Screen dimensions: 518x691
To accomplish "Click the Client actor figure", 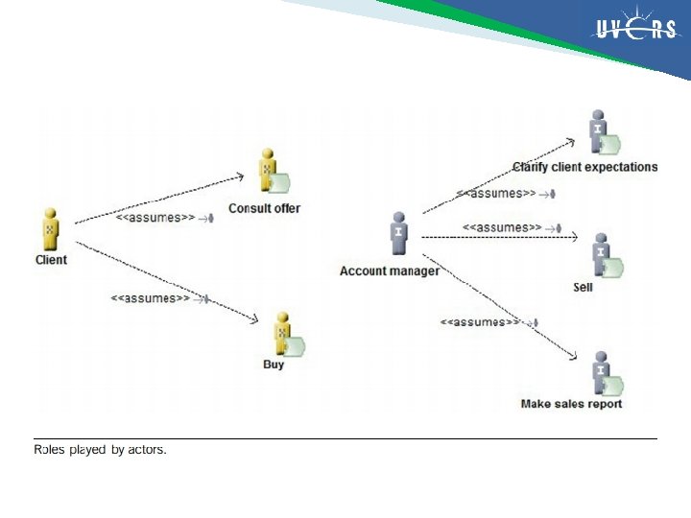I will (x=50, y=229).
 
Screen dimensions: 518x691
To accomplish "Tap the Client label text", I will (x=51, y=260).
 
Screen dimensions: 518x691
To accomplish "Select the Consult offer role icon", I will (x=274, y=174).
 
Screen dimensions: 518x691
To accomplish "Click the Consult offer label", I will (x=264, y=208).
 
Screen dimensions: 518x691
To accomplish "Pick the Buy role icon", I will (x=285, y=333).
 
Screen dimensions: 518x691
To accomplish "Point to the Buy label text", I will (x=274, y=365).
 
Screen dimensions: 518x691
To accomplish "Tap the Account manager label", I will (x=390, y=271).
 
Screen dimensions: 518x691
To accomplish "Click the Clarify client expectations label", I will (x=584, y=167).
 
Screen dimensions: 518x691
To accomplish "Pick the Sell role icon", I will (x=605, y=256).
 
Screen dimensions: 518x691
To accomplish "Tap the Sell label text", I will (x=583, y=287).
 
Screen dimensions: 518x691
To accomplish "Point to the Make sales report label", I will (x=571, y=404).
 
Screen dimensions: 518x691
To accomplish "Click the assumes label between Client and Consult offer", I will (x=155, y=218).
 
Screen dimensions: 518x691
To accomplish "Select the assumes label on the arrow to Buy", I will (x=151, y=297).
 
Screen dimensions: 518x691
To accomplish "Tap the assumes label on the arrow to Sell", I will (x=502, y=227).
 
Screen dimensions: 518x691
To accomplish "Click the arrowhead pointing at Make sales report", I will (x=572, y=357).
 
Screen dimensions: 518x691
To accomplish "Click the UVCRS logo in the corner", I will (x=635, y=31).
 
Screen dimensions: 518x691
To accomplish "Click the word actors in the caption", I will (x=147, y=449).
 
